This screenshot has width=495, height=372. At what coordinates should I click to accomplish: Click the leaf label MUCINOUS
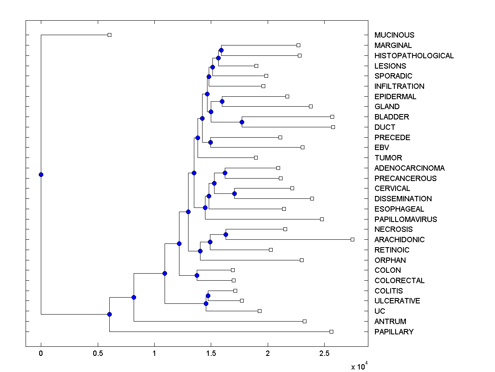(x=394, y=35)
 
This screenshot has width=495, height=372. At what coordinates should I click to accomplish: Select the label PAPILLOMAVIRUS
(x=405, y=219)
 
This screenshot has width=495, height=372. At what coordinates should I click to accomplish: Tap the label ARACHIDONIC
(x=399, y=240)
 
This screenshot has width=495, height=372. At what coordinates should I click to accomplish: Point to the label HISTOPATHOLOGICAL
(x=414, y=56)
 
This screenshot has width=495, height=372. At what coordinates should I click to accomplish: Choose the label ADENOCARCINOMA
(x=409, y=168)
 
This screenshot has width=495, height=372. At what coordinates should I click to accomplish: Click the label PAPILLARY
(x=394, y=331)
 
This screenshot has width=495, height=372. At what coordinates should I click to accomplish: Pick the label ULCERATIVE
(x=397, y=301)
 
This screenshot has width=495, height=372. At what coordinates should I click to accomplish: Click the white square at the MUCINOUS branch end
(x=109, y=35)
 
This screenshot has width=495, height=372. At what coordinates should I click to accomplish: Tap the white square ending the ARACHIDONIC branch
(x=352, y=239)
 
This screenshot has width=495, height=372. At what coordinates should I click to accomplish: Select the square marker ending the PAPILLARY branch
(x=331, y=331)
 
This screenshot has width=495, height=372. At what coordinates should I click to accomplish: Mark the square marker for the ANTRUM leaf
(x=304, y=321)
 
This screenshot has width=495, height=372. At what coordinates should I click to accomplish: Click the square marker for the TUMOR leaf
(x=256, y=157)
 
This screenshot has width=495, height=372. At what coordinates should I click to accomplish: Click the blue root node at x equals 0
(x=41, y=174)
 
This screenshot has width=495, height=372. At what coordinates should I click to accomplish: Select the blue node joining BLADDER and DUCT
(x=242, y=122)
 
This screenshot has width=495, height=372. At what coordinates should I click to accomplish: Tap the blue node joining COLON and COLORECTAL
(x=197, y=275)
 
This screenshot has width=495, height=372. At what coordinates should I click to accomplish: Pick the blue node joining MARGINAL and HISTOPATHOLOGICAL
(x=221, y=50)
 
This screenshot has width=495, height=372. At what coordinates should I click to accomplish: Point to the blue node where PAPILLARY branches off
(x=109, y=314)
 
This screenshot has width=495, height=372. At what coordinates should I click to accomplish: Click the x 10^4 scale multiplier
(x=358, y=366)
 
